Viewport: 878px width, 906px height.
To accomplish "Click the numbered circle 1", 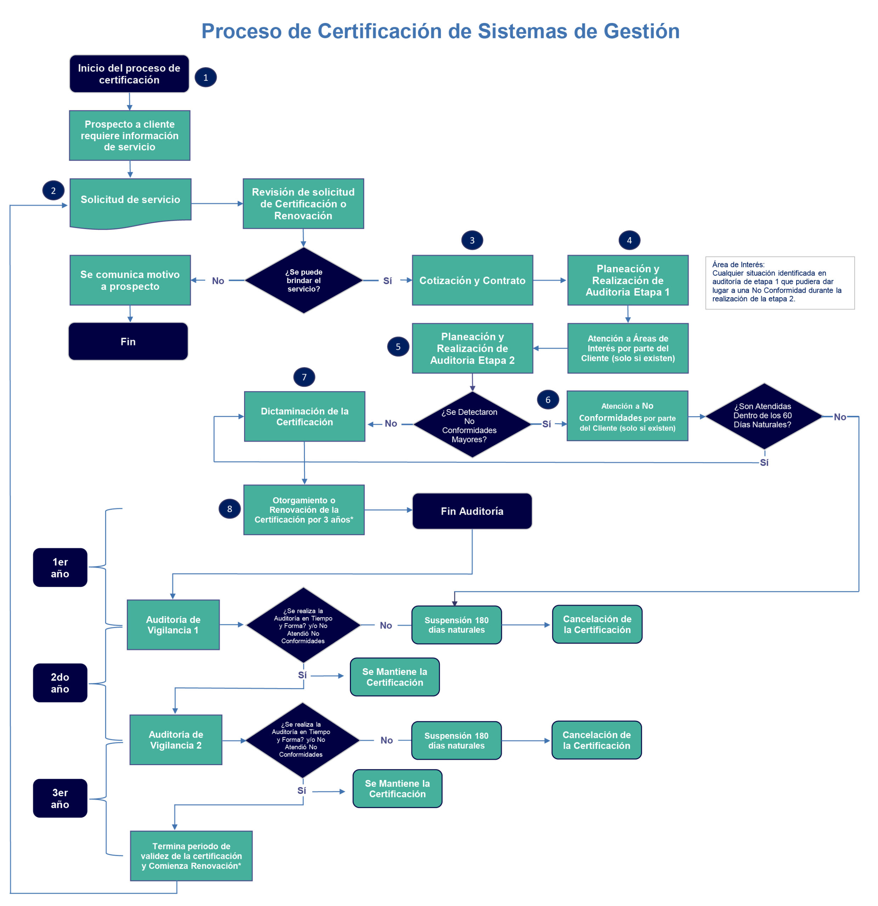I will [x=205, y=77].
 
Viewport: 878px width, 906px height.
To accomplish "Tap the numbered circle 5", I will [x=398, y=347].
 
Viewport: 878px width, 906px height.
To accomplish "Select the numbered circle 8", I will [x=230, y=509].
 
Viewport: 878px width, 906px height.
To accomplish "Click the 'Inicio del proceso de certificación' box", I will [x=129, y=74].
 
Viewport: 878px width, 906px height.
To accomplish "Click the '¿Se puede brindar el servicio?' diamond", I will [x=304, y=281].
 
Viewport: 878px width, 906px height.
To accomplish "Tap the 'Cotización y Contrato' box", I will [x=472, y=281].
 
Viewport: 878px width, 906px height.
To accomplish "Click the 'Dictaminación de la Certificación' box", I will [x=304, y=417].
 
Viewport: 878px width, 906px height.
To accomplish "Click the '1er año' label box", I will [x=60, y=568].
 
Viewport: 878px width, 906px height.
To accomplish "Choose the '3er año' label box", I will [x=60, y=798].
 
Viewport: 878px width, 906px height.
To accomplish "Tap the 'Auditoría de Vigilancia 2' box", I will [x=176, y=740].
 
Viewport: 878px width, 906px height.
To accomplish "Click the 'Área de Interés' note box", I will [x=780, y=282].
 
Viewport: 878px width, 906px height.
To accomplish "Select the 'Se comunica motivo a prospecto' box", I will [x=130, y=280].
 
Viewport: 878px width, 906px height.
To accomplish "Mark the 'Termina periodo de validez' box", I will [x=191, y=856].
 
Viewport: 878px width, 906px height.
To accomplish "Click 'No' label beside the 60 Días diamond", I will [x=840, y=417].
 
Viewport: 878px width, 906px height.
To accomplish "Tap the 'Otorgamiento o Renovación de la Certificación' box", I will [x=304, y=510].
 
